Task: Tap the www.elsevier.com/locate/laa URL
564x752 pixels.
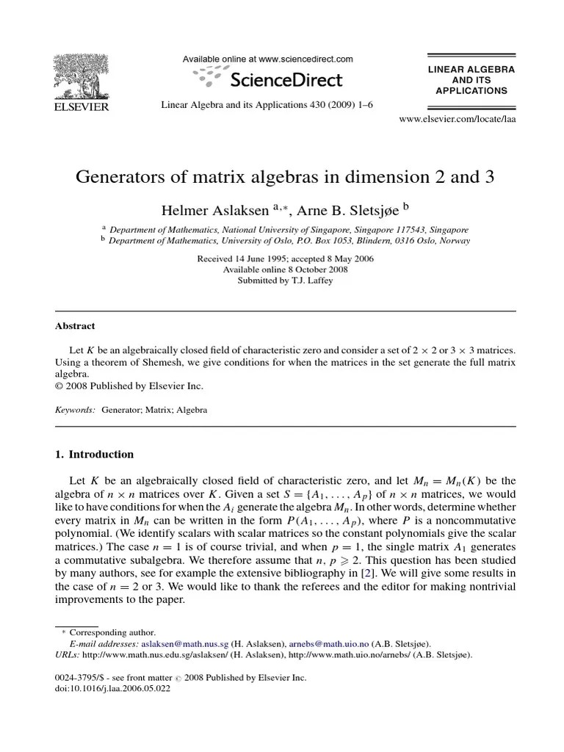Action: coord(457,118)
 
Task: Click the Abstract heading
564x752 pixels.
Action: coord(76,326)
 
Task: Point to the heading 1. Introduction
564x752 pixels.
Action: coord(95,454)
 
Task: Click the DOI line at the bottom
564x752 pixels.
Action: coord(112,689)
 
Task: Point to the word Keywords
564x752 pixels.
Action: coord(75,410)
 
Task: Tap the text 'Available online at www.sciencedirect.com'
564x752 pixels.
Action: coord(267,59)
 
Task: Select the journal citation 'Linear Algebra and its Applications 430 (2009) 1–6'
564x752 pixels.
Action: coord(267,105)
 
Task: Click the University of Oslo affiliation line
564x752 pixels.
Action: coord(289,240)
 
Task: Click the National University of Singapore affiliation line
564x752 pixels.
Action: coord(289,229)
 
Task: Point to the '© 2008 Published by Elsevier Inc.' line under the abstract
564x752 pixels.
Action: coord(129,386)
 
